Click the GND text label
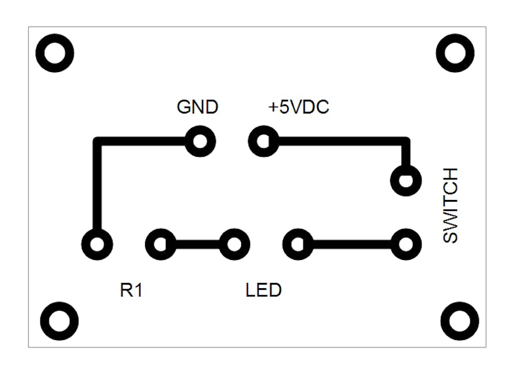[x=197, y=107]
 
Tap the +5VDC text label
[x=299, y=107]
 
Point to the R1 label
[x=131, y=290]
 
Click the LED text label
[x=264, y=290]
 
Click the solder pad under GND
[x=200, y=141]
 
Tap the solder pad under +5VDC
[x=264, y=141]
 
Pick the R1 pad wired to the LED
[x=161, y=245]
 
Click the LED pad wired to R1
[x=234, y=245]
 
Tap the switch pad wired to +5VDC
[x=406, y=180]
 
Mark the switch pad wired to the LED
[x=406, y=245]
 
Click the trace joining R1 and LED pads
[x=197, y=245]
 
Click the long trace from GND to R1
[x=98, y=184]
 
